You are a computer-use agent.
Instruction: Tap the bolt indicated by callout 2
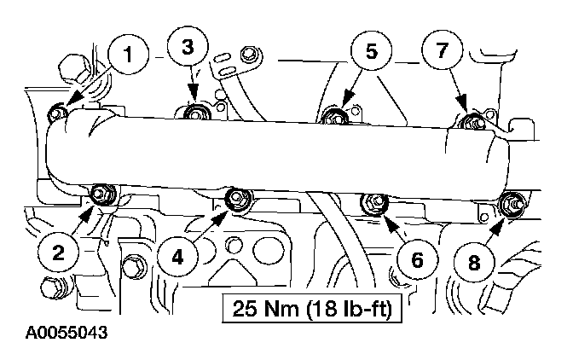100,195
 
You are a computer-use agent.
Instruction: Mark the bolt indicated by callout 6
373,203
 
